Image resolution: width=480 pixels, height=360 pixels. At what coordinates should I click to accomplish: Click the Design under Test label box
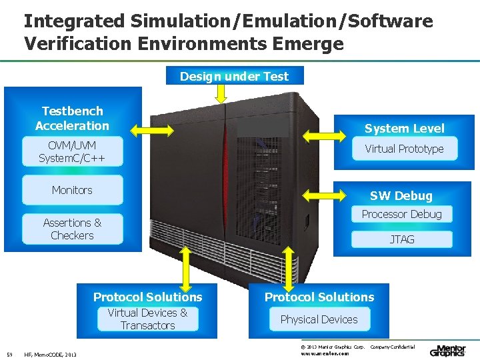[x=234, y=76]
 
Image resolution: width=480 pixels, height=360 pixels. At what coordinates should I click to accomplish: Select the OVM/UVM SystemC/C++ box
[x=72, y=152]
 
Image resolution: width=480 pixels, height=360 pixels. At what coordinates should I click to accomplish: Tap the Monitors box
[x=72, y=190]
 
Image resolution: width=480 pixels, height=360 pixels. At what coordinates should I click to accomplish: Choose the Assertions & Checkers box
[x=72, y=229]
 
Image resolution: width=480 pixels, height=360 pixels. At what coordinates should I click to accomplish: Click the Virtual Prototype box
[x=404, y=149]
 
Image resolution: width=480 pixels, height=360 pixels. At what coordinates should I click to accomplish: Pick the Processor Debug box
[x=401, y=214]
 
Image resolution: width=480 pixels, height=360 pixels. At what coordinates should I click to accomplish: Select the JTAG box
[x=401, y=239]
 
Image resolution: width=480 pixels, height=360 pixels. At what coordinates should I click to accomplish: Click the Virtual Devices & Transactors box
[x=147, y=319]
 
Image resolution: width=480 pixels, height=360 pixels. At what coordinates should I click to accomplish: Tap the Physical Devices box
[x=319, y=319]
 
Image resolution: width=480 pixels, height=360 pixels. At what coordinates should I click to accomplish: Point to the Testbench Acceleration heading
[x=72, y=118]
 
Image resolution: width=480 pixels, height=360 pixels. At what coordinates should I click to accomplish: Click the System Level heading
[x=404, y=128]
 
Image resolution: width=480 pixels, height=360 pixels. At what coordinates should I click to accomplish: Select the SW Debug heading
[x=401, y=195]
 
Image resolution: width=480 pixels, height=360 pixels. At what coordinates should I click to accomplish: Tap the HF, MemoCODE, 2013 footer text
[x=50, y=354]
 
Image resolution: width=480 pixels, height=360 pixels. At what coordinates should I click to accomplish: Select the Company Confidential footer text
[x=392, y=347]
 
